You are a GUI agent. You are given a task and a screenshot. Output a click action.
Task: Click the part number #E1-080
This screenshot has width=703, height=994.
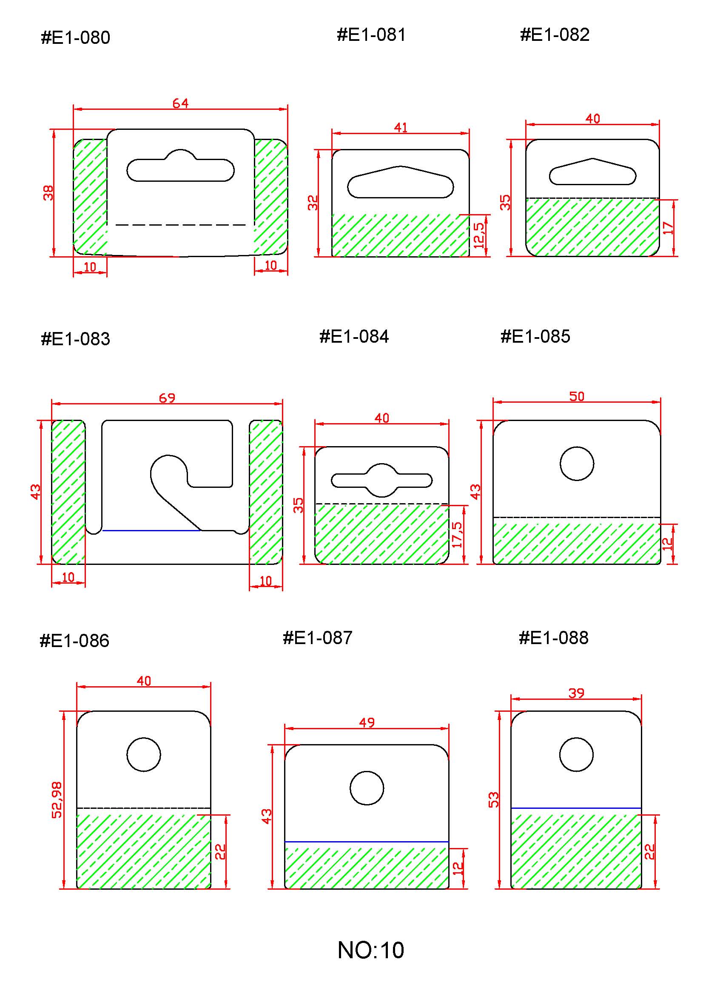click(x=75, y=38)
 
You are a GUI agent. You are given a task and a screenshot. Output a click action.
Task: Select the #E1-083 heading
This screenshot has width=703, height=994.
click(x=75, y=339)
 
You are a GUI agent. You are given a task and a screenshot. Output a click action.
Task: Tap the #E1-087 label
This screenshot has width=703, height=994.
click(x=317, y=638)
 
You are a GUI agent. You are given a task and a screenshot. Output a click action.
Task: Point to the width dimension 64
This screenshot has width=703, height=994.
click(x=180, y=103)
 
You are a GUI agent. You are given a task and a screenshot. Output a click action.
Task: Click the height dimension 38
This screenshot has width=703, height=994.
click(x=48, y=192)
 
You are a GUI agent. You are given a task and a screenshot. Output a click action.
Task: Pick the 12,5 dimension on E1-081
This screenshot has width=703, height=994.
click(x=479, y=235)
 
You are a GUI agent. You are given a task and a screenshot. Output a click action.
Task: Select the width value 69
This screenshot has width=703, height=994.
click(x=167, y=398)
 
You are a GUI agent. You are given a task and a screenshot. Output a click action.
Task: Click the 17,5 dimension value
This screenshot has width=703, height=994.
click(x=457, y=534)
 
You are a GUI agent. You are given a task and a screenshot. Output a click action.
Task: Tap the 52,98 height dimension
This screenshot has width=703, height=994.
click(x=57, y=800)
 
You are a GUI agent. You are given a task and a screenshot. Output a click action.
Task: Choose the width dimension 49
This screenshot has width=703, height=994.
click(x=367, y=723)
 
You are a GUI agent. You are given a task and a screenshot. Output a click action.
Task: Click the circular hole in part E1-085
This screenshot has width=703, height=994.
click(x=577, y=463)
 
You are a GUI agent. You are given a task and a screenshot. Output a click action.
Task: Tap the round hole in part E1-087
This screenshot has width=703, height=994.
click(x=367, y=788)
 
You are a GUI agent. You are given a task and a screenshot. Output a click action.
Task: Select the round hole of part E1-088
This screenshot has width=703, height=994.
click(x=576, y=754)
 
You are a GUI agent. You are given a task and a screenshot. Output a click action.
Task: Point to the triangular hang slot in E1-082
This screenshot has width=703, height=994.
click(x=592, y=172)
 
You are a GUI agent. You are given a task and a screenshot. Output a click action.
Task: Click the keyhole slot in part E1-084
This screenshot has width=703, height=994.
click(x=381, y=480)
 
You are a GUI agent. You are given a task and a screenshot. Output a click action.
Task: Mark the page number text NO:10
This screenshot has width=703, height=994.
click(x=371, y=950)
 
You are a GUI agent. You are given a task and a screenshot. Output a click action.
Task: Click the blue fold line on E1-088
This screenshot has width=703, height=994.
click(x=576, y=808)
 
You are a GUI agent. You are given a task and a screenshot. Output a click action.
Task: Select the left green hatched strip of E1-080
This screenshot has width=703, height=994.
click(x=90, y=197)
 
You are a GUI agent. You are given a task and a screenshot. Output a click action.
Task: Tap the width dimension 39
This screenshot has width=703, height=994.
click(x=576, y=693)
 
